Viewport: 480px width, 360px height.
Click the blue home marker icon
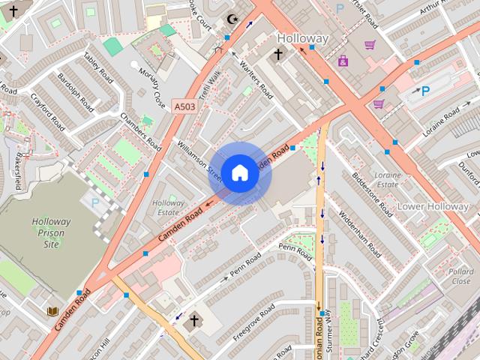[x=239, y=173]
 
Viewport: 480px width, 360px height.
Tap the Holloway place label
[x=303, y=37]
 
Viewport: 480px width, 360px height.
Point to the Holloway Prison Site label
[x=51, y=232]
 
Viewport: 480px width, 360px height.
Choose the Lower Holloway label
[x=433, y=206]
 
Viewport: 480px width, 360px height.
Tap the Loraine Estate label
[x=388, y=178]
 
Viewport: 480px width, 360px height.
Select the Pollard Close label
[x=461, y=276]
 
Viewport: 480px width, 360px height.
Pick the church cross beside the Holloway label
[x=278, y=54]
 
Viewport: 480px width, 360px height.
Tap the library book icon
[x=52, y=310]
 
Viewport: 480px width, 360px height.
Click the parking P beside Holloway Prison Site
[x=94, y=202]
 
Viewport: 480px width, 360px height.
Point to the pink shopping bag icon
[x=343, y=61]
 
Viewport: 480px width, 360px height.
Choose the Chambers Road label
[x=140, y=132]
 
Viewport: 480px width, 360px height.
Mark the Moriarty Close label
[x=151, y=87]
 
